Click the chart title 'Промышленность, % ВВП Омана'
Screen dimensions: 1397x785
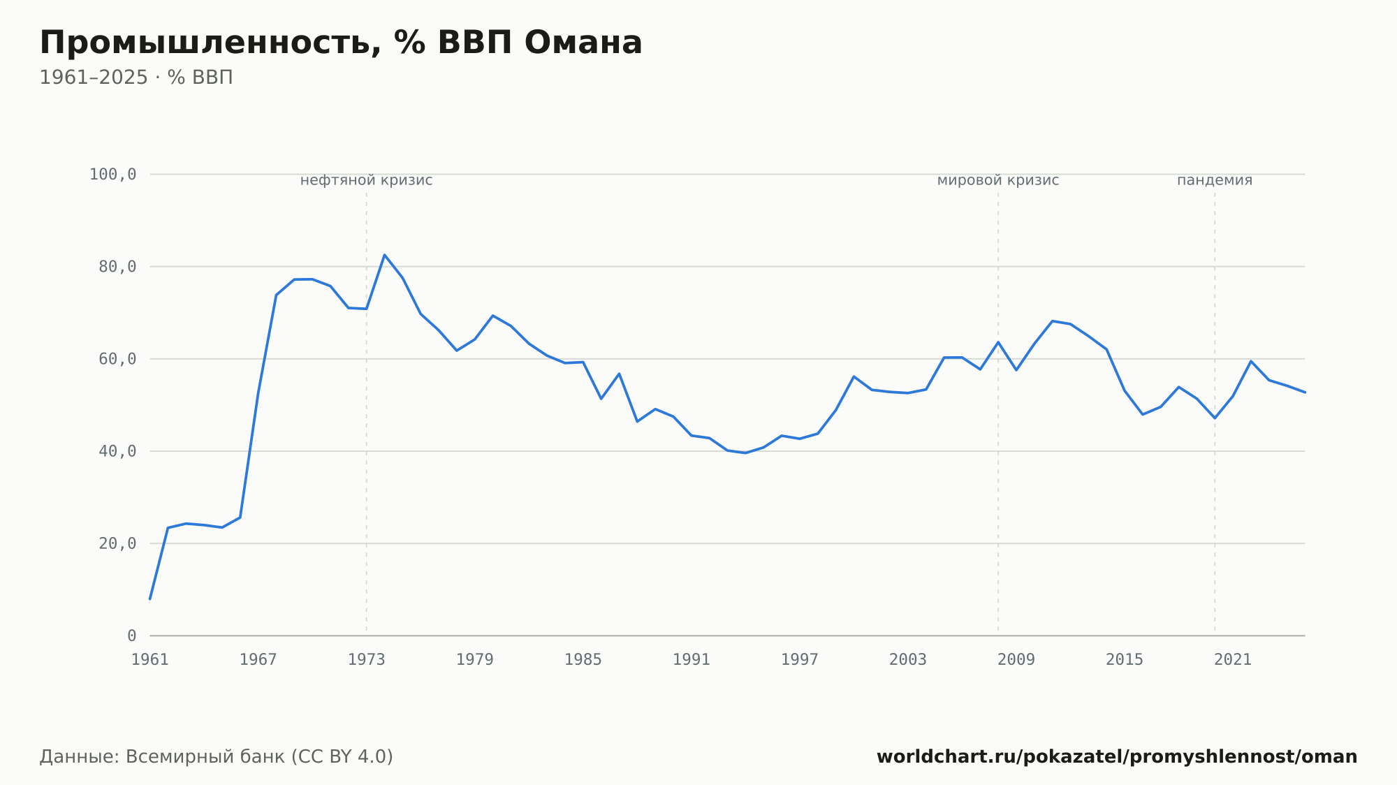pyautogui.click(x=341, y=43)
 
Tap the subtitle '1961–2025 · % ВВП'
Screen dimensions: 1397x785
pyautogui.click(x=136, y=78)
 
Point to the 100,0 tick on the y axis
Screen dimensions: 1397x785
pyautogui.click(x=112, y=175)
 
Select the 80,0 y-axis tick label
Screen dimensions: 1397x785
pyautogui.click(x=117, y=267)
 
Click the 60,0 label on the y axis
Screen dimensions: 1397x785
pyautogui.click(x=117, y=359)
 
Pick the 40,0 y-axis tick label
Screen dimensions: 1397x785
pyautogui.click(x=117, y=451)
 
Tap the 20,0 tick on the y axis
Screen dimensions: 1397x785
pyautogui.click(x=117, y=543)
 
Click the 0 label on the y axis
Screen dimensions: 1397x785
pyautogui.click(x=132, y=636)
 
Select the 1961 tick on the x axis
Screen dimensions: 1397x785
pyautogui.click(x=150, y=660)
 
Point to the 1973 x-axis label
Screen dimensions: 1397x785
pyautogui.click(x=367, y=660)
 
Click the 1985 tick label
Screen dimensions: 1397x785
pyautogui.click(x=583, y=660)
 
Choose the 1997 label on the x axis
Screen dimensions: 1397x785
pyautogui.click(x=800, y=660)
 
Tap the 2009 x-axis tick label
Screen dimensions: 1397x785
pyautogui.click(x=1016, y=660)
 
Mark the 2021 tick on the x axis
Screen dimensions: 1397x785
pyautogui.click(x=1233, y=660)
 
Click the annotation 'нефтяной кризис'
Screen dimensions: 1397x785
pyautogui.click(x=367, y=181)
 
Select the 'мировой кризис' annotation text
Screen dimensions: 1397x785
pyautogui.click(x=998, y=181)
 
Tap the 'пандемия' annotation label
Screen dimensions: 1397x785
pyautogui.click(x=1215, y=181)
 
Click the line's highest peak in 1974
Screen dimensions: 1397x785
pyautogui.click(x=384, y=255)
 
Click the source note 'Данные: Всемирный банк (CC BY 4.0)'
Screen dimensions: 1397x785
pyautogui.click(x=217, y=757)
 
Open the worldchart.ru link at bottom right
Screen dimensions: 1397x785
pyautogui.click(x=1117, y=757)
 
